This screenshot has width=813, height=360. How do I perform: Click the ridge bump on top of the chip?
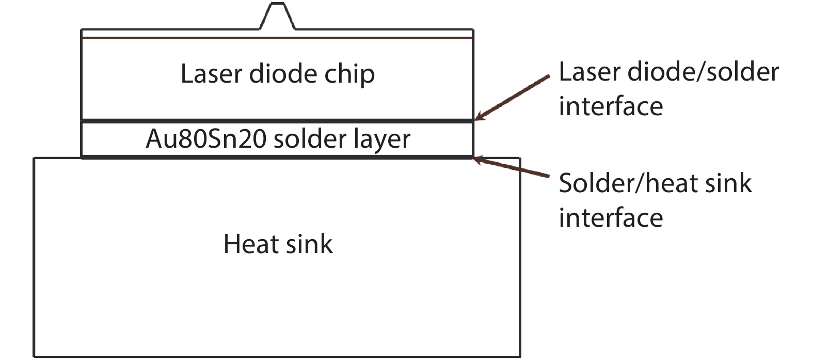[277, 17]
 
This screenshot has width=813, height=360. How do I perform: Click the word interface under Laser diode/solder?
[611, 106]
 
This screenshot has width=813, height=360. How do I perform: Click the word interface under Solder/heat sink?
[611, 217]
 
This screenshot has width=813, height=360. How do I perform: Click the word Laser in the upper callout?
[590, 72]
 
